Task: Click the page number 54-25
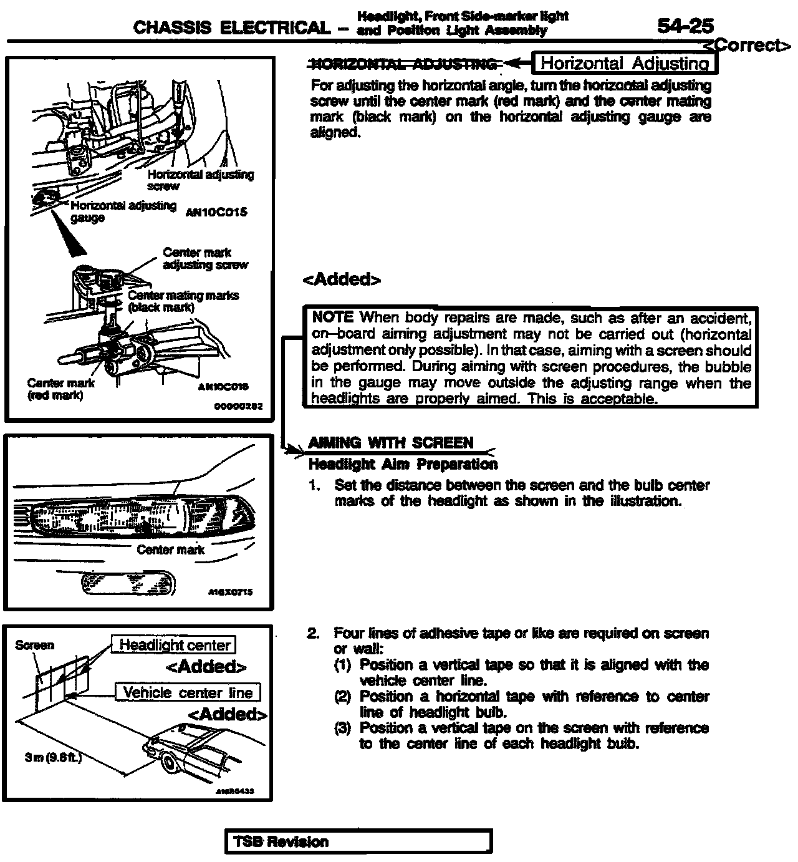point(685,26)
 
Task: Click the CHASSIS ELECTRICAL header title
point(231,27)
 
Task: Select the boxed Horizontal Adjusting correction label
point(625,63)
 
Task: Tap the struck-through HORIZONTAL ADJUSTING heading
point(403,64)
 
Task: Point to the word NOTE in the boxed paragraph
point(333,317)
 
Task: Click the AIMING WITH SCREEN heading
point(391,443)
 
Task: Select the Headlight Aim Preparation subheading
point(403,464)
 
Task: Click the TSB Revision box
point(358,841)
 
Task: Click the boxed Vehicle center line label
point(188,692)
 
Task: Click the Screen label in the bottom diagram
point(34,645)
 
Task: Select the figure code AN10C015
point(216,211)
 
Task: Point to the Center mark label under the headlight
point(170,550)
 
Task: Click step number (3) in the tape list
point(343,728)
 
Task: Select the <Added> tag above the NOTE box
point(341,279)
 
